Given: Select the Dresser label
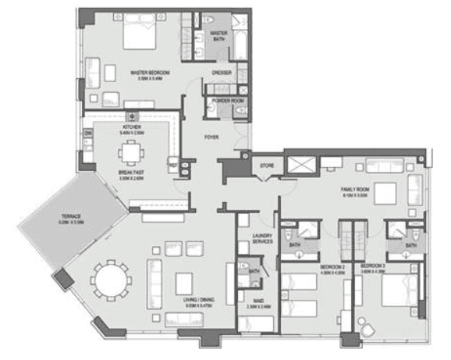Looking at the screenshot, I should coord(221,73).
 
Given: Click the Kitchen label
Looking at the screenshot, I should coord(131,127).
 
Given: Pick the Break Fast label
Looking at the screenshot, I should coord(131,174).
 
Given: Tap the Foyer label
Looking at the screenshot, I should coord(211,137).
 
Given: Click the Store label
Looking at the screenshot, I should coord(266,165).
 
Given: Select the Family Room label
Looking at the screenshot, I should coord(354,190).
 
